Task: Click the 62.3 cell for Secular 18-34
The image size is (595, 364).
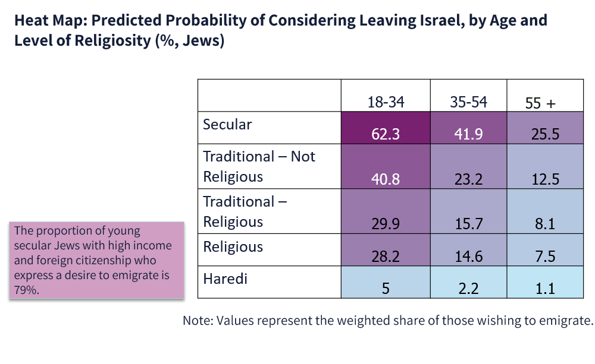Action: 386,128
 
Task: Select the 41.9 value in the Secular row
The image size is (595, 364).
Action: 468,128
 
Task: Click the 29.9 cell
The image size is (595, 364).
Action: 386,211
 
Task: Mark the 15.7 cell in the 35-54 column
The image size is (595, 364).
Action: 468,211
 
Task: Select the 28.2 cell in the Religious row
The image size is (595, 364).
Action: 386,249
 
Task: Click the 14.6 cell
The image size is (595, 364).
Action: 468,249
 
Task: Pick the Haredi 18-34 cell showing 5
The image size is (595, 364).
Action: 386,282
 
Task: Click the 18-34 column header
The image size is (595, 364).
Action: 386,102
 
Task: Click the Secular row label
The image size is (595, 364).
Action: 227,125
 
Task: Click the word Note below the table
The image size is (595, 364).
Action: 196,321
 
